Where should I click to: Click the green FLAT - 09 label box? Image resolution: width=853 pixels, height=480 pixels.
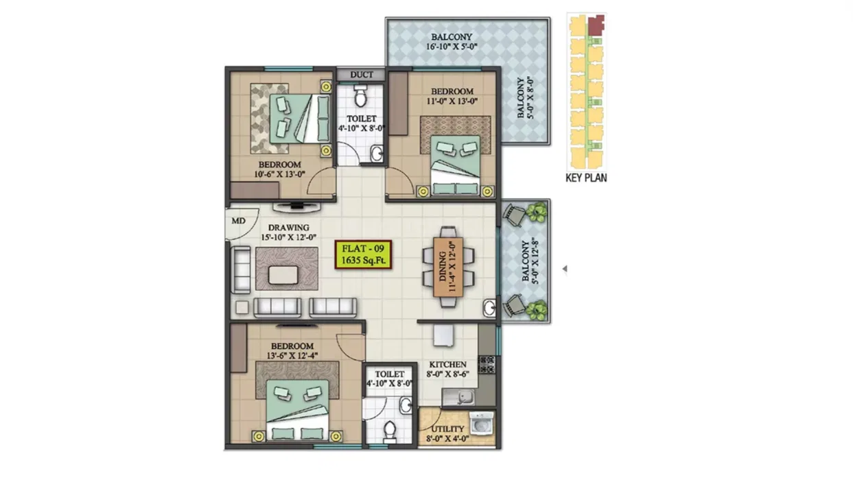pyautogui.click(x=363, y=254)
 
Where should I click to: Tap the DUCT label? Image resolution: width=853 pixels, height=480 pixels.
pyautogui.click(x=362, y=75)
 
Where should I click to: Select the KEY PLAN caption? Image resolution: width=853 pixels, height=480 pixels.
pyautogui.click(x=586, y=178)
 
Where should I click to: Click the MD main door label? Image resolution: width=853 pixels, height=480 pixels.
pyautogui.click(x=238, y=221)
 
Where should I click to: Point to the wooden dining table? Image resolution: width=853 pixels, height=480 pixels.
pyautogui.click(x=448, y=267)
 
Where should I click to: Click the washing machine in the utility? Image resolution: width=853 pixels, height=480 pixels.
pyautogui.click(x=481, y=422)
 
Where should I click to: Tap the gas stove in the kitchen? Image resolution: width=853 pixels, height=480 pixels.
pyautogui.click(x=487, y=364)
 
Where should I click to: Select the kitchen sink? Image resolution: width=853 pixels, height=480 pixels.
pyautogui.click(x=463, y=398)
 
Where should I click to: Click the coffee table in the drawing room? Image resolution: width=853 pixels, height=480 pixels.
pyautogui.click(x=283, y=275)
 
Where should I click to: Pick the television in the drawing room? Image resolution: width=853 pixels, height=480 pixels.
pyautogui.click(x=296, y=207)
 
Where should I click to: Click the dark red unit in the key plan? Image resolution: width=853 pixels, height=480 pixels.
pyautogui.click(x=596, y=25)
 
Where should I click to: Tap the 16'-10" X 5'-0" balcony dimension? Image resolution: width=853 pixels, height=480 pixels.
pyautogui.click(x=452, y=47)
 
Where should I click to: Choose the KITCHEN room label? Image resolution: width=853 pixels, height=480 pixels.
pyautogui.click(x=447, y=364)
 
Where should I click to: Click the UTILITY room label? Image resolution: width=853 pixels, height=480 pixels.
pyautogui.click(x=447, y=429)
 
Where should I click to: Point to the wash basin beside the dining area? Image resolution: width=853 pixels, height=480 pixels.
pyautogui.click(x=489, y=307)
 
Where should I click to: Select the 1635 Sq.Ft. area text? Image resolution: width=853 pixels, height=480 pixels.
pyautogui.click(x=363, y=261)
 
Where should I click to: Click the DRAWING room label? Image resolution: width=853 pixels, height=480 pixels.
pyautogui.click(x=289, y=228)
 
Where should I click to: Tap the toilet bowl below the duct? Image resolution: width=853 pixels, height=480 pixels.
pyautogui.click(x=360, y=95)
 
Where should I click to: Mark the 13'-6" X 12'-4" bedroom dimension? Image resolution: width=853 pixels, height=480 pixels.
pyautogui.click(x=292, y=356)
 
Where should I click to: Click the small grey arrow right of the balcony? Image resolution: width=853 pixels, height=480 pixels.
pyautogui.click(x=565, y=269)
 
